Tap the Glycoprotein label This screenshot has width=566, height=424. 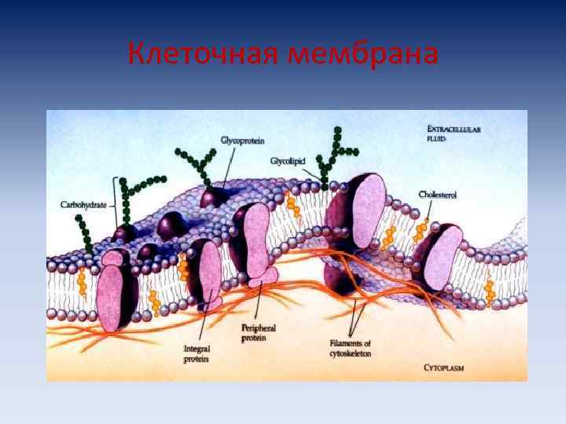(242, 140)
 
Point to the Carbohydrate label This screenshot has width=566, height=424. (84, 204)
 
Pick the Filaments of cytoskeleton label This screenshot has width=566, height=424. (351, 349)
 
